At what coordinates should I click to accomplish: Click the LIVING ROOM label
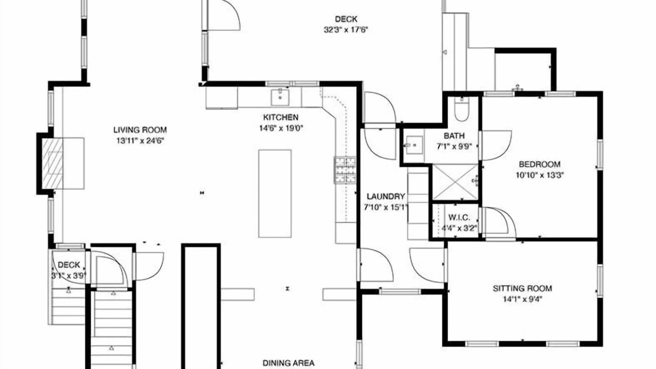tap(140, 130)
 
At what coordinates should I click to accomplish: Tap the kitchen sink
tap(280, 97)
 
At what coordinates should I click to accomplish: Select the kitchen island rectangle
tap(275, 194)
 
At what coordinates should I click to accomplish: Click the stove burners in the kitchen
tap(345, 170)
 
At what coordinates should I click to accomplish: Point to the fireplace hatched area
tap(52, 163)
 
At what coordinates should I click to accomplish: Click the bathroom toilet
tap(462, 109)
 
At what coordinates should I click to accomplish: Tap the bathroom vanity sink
tap(414, 145)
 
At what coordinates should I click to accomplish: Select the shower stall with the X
tap(456, 182)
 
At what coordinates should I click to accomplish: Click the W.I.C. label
tap(459, 218)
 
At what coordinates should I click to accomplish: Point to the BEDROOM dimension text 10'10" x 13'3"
tap(540, 175)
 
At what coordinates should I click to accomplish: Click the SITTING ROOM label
tap(522, 289)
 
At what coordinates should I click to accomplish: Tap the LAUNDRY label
tap(386, 196)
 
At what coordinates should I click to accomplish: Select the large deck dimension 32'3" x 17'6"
tap(345, 30)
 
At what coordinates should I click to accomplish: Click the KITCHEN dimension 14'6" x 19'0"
tap(281, 128)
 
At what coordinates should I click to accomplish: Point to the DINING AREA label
tap(289, 363)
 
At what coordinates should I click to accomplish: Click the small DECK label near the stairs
tap(69, 265)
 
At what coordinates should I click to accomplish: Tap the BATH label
tap(454, 136)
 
